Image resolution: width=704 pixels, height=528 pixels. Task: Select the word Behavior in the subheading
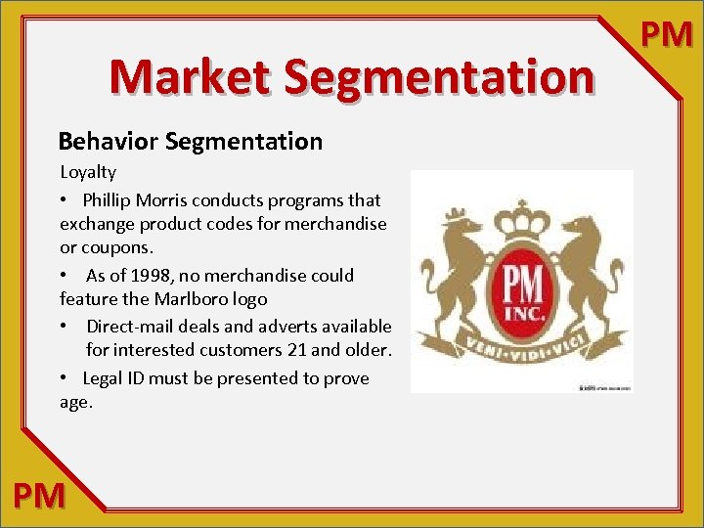tap(110, 142)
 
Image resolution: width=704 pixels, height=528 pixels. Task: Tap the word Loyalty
tap(88, 173)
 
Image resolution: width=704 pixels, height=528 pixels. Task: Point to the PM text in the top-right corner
tap(666, 35)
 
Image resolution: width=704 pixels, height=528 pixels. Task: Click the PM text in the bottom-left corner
tap(40, 496)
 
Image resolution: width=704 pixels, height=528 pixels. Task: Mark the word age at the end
tap(74, 402)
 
